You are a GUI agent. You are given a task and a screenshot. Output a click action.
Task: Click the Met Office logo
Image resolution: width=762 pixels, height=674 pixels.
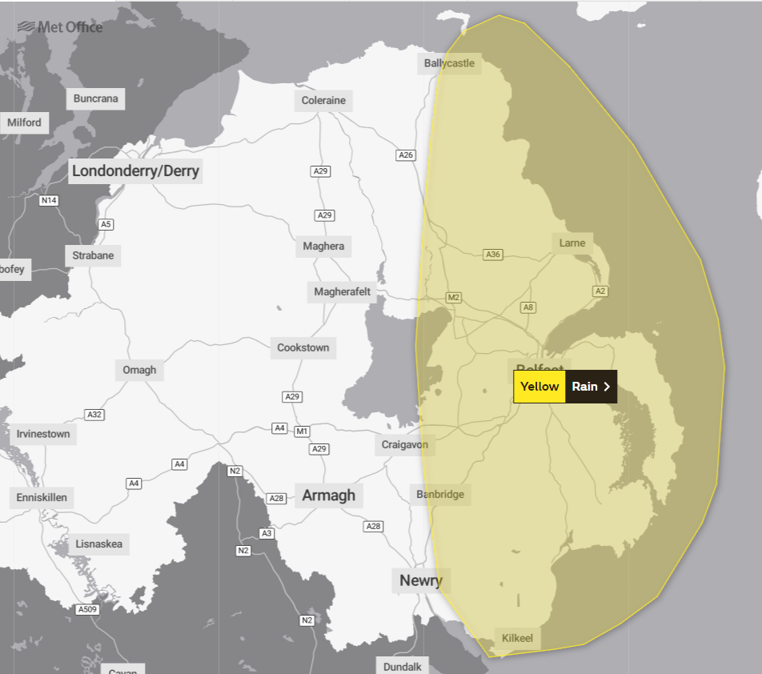59,27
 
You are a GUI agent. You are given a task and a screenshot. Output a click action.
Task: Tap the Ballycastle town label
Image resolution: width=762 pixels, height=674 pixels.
449,63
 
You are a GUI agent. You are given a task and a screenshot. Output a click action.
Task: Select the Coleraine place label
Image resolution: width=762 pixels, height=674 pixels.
323,101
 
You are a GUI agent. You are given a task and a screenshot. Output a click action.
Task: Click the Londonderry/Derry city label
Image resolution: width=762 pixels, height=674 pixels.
135,171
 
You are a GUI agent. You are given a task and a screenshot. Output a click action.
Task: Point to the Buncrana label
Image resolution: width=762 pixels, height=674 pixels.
95,99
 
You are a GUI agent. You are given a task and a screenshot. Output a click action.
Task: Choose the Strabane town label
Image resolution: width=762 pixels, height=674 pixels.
93,256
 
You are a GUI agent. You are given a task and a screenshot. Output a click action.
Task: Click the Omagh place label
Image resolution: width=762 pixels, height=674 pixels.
139,371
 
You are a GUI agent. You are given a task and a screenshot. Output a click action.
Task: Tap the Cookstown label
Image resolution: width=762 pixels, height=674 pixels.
303,348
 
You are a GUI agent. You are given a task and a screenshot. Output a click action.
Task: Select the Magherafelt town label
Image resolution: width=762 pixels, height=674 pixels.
342,292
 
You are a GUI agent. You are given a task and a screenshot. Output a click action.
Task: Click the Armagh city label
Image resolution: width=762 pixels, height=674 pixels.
328,495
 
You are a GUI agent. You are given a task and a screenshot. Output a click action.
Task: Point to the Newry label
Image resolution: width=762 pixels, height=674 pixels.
420,581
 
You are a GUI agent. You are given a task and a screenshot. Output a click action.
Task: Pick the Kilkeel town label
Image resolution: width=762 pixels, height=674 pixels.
517,639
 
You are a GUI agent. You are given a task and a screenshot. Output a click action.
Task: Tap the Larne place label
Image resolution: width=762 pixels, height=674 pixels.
572,243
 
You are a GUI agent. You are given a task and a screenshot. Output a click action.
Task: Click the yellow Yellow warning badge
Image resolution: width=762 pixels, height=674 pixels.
539,387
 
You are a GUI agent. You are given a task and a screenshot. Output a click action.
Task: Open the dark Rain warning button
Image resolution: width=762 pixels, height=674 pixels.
591,387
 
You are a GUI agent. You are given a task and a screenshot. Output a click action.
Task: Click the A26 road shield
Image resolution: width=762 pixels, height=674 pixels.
406,155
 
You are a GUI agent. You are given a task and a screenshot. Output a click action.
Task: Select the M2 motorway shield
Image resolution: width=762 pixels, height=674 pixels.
454,298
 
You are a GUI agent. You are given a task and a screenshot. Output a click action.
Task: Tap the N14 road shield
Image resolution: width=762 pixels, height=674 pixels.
49,200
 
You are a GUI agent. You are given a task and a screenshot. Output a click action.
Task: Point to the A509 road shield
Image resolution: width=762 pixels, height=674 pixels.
87,610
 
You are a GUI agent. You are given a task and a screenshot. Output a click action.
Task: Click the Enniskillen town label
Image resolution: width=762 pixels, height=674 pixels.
42,498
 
